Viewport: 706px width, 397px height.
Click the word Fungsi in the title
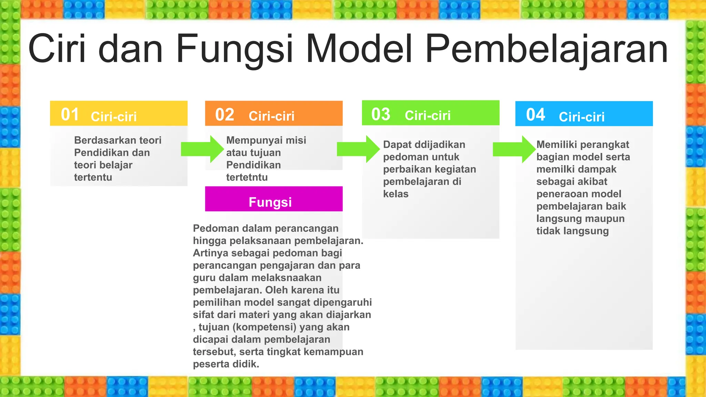[x=234, y=49]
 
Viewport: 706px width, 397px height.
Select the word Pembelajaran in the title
[x=546, y=49]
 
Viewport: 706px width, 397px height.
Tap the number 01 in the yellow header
[x=70, y=114]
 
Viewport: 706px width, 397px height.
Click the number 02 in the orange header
[x=224, y=115]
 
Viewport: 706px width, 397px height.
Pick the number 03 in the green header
[x=381, y=114]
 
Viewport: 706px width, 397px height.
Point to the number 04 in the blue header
[x=535, y=115]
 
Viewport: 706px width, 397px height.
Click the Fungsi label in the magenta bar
[x=270, y=202]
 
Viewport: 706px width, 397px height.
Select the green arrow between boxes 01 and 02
[x=202, y=149]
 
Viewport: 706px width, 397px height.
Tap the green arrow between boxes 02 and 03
[x=358, y=149]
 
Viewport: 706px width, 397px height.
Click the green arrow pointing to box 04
[x=514, y=149]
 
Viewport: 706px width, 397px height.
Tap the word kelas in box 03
[x=396, y=194]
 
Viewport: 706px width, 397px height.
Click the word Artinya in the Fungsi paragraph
[x=211, y=253]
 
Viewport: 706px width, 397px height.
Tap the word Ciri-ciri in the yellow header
[x=114, y=116]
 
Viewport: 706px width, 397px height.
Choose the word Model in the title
[x=359, y=49]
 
